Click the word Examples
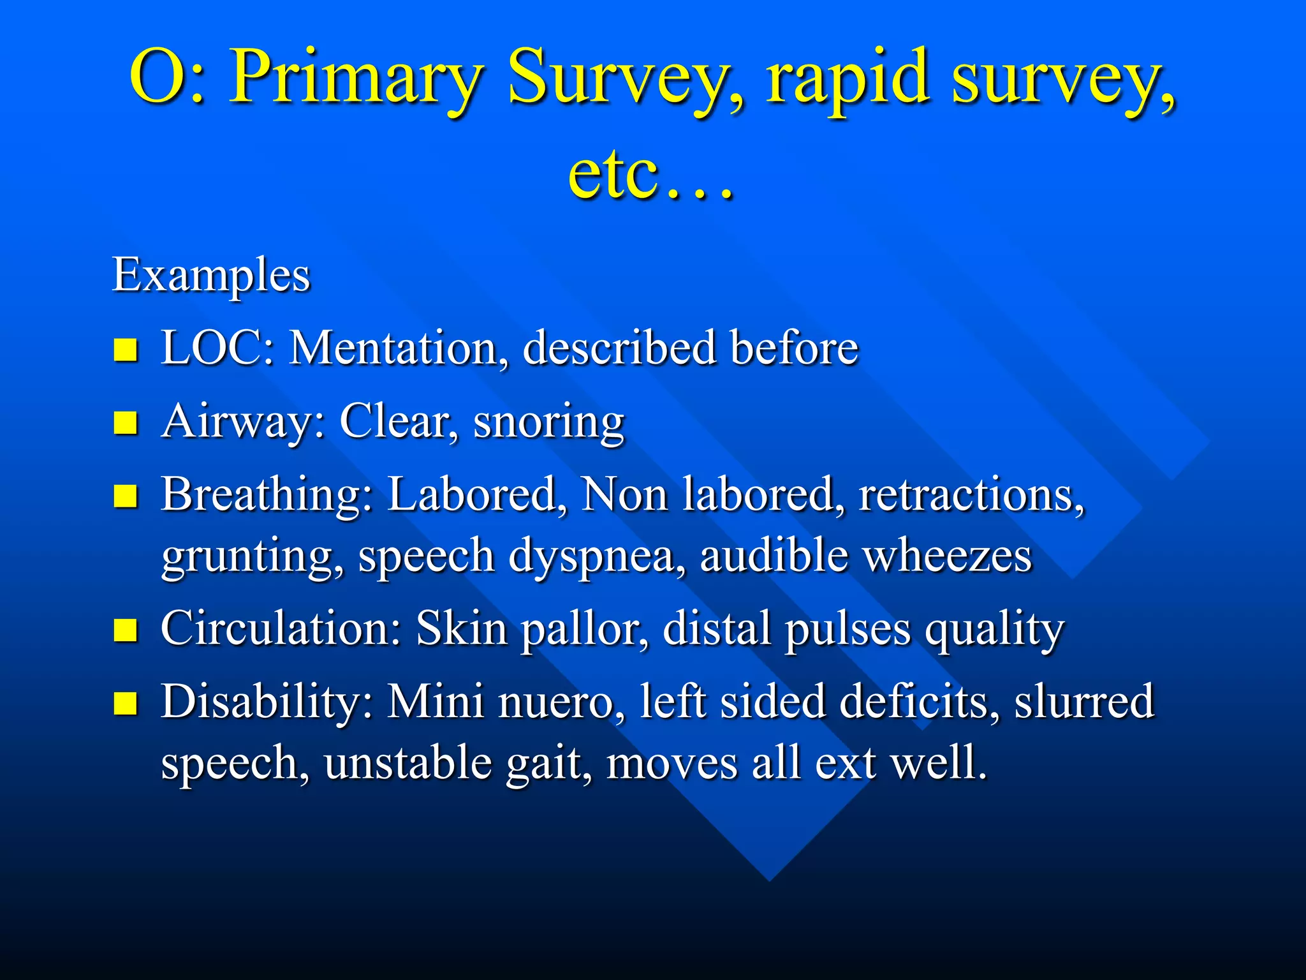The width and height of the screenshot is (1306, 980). pyautogui.click(x=211, y=276)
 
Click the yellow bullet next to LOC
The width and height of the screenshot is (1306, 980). pyautogui.click(x=126, y=350)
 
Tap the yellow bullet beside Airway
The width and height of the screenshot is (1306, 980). pyautogui.click(x=126, y=422)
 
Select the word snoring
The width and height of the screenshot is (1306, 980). pyautogui.click(x=548, y=422)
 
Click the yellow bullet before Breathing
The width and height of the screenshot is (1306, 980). pyautogui.click(x=126, y=496)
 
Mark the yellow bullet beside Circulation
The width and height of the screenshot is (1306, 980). pyautogui.click(x=126, y=630)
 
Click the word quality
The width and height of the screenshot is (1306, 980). pyautogui.click(x=994, y=630)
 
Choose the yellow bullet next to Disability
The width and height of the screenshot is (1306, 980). pyautogui.click(x=126, y=703)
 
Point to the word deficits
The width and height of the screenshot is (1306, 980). pyautogui.click(x=919, y=702)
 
